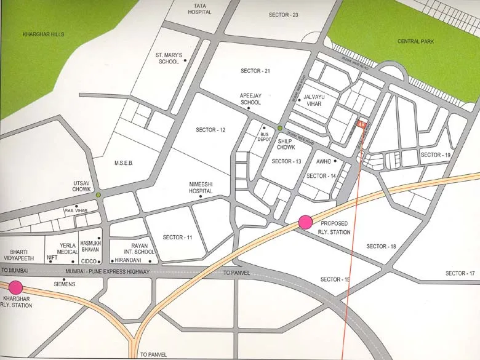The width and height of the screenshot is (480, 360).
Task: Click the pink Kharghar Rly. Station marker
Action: [15, 287]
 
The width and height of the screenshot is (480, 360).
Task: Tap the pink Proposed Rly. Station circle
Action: [306, 223]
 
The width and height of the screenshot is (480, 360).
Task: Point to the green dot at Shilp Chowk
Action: [280, 128]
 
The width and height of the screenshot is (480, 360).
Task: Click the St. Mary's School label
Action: [168, 58]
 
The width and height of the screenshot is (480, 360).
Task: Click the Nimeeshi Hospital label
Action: [201, 188]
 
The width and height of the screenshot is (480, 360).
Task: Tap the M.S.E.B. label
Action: [124, 163]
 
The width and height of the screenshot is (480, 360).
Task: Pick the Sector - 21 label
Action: [255, 71]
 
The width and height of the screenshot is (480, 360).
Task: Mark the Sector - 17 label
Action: [460, 273]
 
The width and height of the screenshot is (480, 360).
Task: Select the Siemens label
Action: [64, 284]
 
